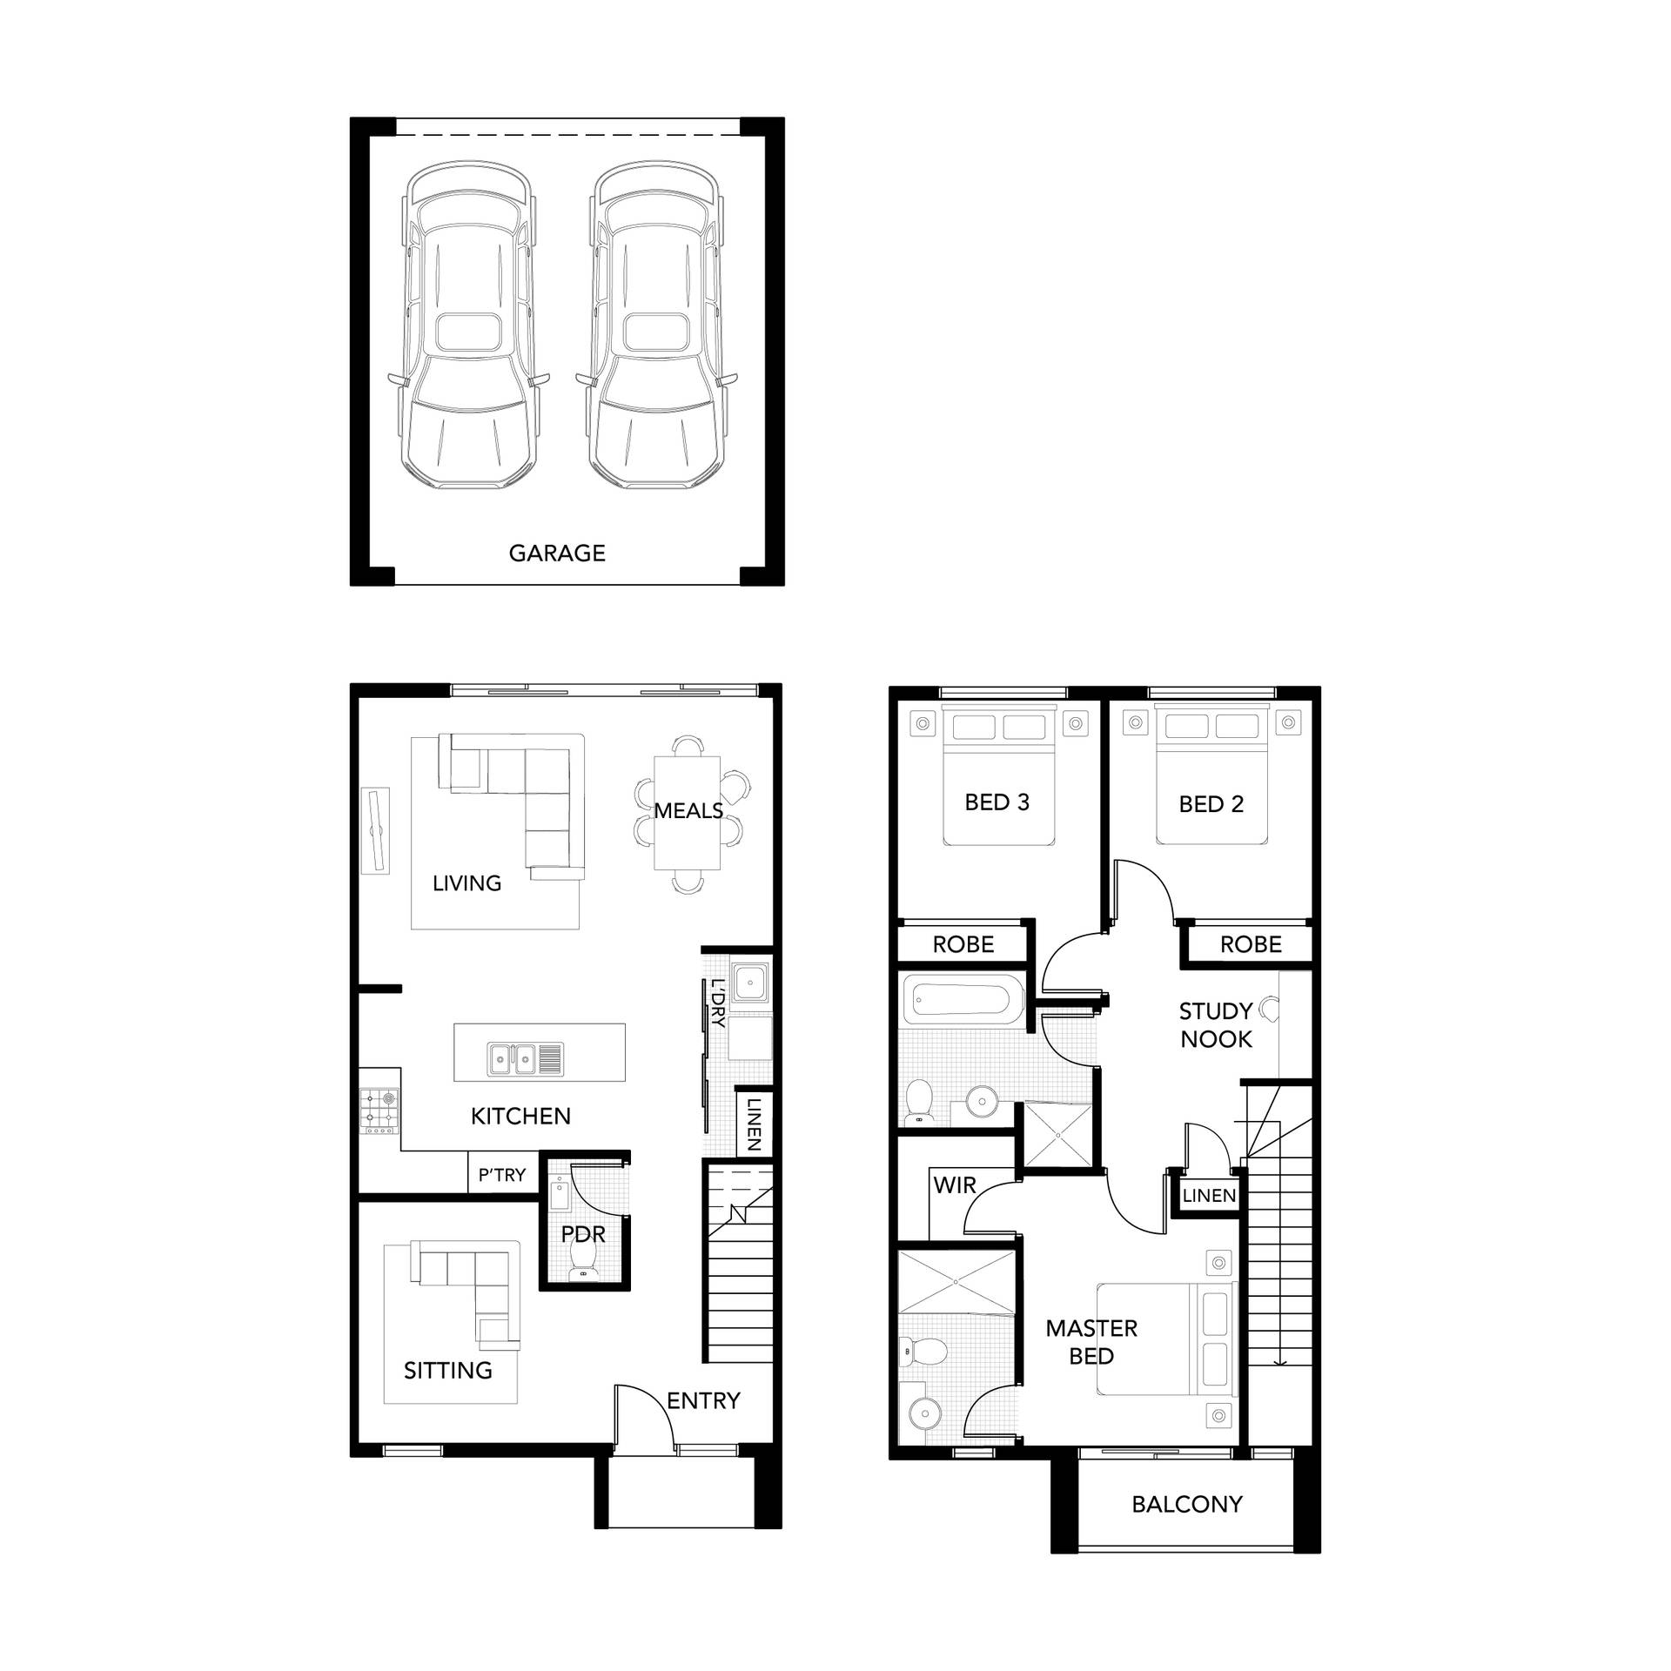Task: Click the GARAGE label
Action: pos(557,553)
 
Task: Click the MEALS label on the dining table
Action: pos(688,810)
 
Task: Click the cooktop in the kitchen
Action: pos(379,1111)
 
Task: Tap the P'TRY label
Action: pos(502,1175)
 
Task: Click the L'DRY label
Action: pos(718,1003)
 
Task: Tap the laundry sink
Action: pos(750,983)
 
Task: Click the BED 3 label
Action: pos(997,802)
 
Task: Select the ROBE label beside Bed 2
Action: pos(1251,944)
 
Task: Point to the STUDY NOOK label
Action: pos(1216,1024)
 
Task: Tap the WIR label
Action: pos(955,1184)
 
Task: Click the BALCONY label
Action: pos(1187,1504)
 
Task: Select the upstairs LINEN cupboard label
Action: pos(1209,1196)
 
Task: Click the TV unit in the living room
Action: pos(376,829)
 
